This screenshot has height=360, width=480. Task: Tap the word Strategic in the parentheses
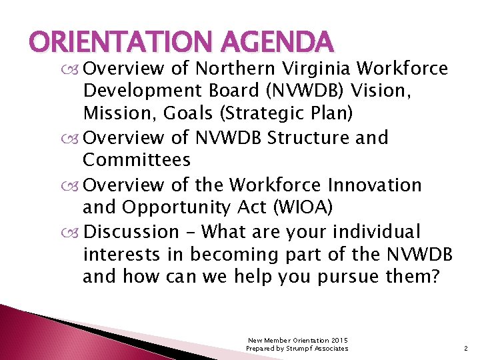255,113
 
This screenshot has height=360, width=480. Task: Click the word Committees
137,160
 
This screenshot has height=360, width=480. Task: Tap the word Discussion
131,231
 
